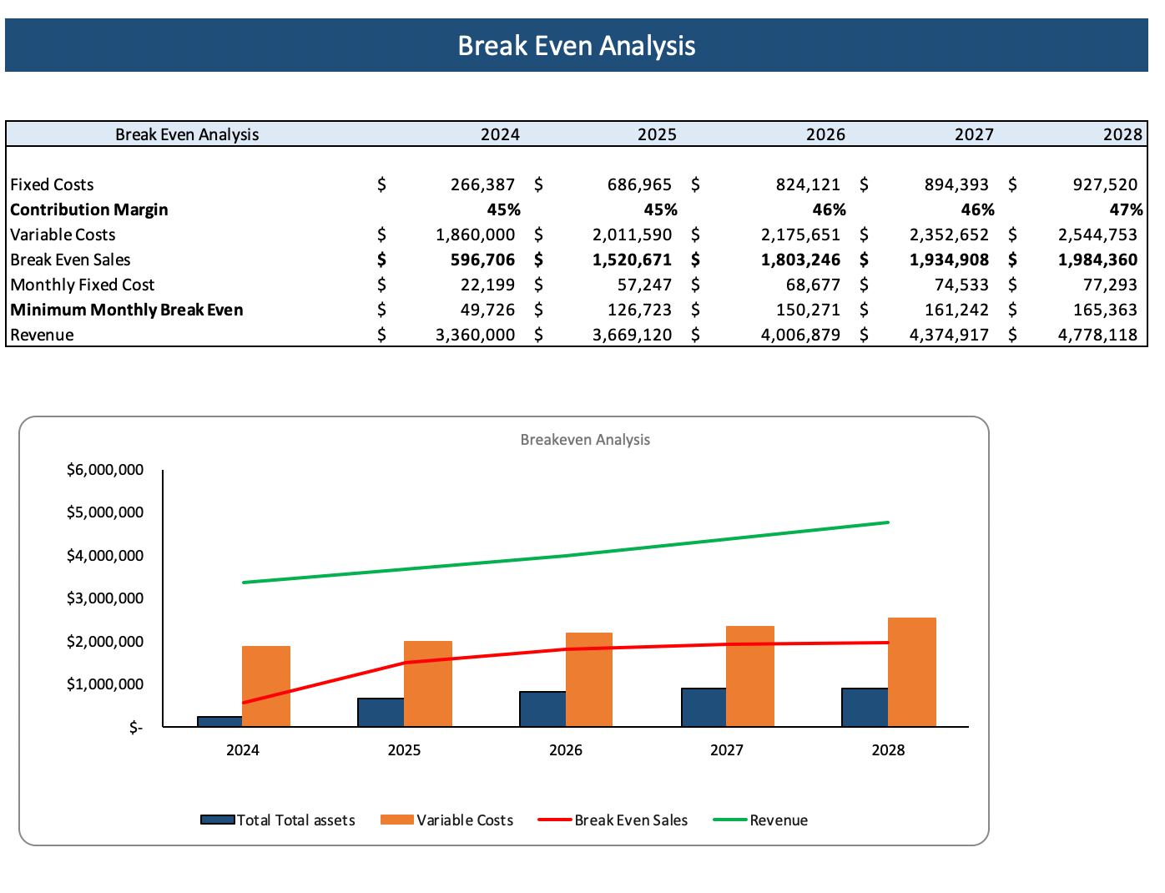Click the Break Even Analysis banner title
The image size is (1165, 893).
[576, 46]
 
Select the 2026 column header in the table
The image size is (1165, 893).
[825, 134]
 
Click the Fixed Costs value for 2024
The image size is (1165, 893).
[482, 184]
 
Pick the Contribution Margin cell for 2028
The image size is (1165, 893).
[1125, 209]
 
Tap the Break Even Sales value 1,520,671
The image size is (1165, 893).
[632, 260]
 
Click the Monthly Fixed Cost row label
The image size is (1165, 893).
[83, 285]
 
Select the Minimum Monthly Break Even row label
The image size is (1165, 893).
[127, 310]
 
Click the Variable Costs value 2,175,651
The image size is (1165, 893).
[800, 235]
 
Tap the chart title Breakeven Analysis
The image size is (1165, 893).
[585, 440]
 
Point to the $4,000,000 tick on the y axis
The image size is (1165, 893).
[105, 556]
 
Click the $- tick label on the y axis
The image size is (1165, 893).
[136, 728]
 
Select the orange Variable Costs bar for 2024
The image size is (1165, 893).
[266, 686]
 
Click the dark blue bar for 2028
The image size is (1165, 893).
[865, 707]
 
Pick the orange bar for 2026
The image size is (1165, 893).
[589, 679]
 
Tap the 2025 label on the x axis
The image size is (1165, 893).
[404, 750]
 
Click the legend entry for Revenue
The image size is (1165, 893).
[778, 820]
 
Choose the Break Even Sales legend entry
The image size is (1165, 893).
[630, 820]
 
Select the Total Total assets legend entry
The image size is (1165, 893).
[295, 820]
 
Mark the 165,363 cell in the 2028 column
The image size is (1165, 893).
[1104, 310]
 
